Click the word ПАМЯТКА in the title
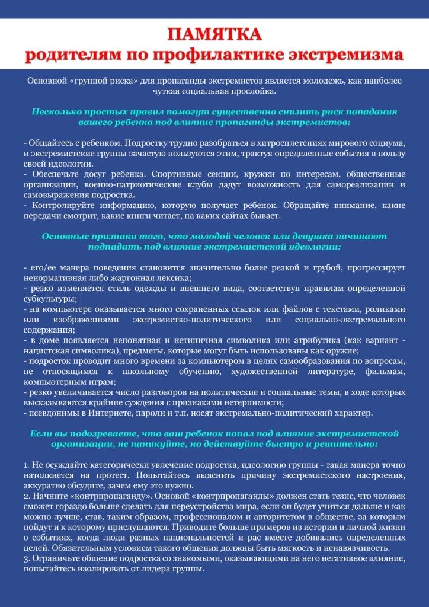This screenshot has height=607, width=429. [214, 34]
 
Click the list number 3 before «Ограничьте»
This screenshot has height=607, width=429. [25, 558]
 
